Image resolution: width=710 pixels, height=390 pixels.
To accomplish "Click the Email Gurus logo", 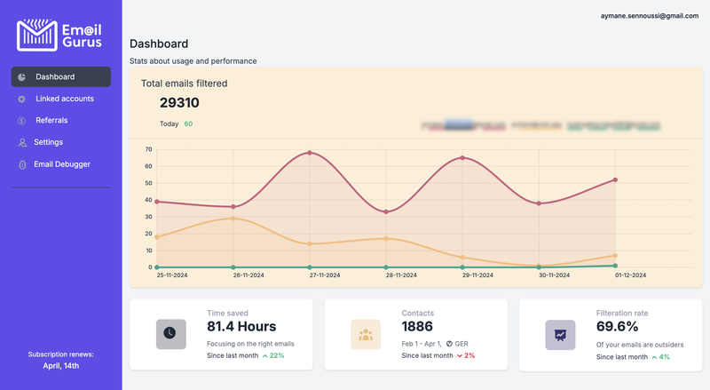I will pos(59,34).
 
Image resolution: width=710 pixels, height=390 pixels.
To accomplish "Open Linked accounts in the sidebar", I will pos(64,99).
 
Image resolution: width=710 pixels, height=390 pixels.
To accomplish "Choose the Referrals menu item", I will pos(51,120).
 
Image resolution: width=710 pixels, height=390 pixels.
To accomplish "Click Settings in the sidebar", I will pos(48,142).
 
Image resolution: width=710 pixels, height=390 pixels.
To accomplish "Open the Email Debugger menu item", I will pos(61,164).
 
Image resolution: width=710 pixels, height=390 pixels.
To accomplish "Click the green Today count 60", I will pos(188,124).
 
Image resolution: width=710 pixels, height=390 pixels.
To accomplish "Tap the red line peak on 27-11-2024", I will pos(310,153).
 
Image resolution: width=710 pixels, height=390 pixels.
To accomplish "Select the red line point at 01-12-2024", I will pos(615,179).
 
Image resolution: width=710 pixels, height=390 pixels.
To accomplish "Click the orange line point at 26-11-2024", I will pos(233,218).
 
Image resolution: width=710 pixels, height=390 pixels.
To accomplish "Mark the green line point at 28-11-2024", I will pos(386,267).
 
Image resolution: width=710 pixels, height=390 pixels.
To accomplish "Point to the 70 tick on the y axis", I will pos(149,149).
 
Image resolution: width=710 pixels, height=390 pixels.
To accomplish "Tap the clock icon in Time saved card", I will pos(171,334).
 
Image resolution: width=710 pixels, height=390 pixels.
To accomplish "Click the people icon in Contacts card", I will pos(366,334).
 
